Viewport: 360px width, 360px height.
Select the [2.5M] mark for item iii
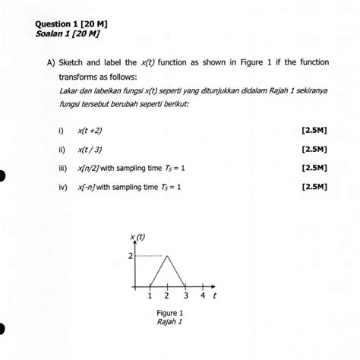pos(314,167)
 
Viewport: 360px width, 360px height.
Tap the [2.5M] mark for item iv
pos(314,185)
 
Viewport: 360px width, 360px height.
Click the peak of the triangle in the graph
pos(168,257)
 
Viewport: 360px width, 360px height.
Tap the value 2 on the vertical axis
pos(129,257)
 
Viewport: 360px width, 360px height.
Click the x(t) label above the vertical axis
pos(137,238)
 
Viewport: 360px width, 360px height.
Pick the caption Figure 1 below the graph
pos(169,312)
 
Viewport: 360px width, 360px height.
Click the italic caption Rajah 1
pos(169,321)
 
